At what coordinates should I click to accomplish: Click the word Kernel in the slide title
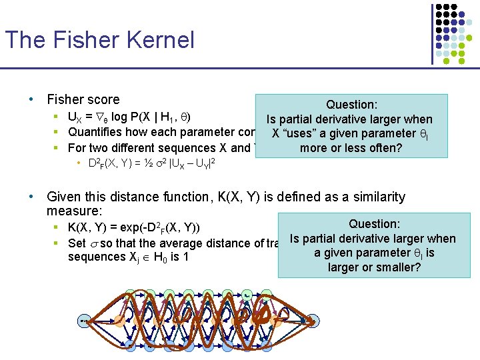161,39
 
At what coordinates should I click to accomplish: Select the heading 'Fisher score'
83,99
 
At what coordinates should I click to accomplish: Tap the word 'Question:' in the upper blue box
351,105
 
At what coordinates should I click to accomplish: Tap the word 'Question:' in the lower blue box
374,225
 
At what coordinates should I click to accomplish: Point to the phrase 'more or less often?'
351,148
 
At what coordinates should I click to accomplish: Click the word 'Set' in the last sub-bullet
77,243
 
